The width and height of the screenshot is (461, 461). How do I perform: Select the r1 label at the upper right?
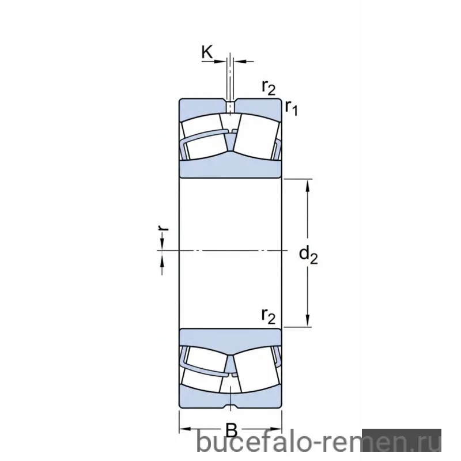point(292,108)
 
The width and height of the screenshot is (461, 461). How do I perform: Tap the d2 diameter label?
point(308,255)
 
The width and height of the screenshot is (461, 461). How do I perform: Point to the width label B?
point(231,430)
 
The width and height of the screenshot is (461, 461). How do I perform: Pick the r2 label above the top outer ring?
point(269,87)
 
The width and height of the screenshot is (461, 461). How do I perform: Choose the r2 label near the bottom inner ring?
point(269,316)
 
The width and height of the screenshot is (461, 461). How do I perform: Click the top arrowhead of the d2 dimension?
point(308,186)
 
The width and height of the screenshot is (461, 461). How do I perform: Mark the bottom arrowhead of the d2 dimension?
point(308,320)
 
